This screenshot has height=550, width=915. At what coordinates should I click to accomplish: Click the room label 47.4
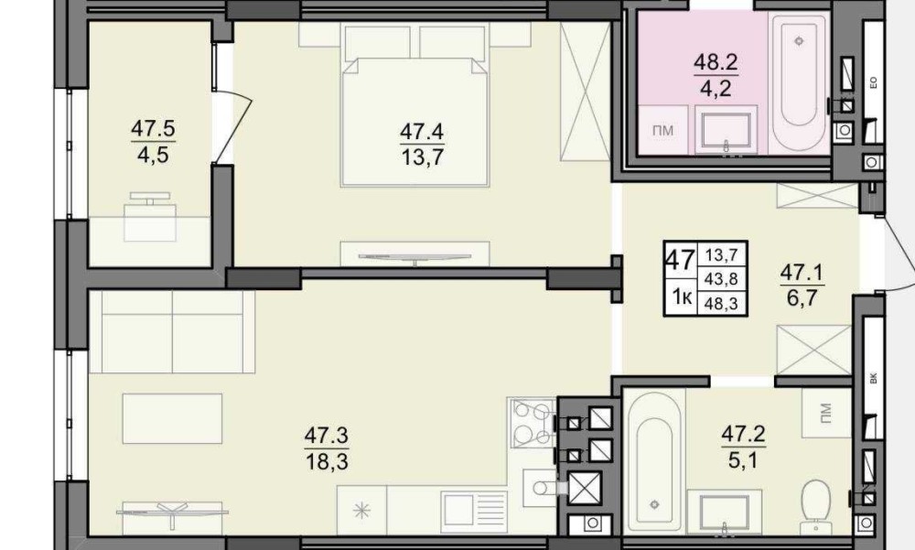click(422, 133)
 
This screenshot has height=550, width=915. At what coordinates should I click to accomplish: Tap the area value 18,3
click(327, 462)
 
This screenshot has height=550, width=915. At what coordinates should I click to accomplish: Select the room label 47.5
click(154, 128)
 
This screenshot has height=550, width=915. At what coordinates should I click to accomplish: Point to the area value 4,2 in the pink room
click(716, 90)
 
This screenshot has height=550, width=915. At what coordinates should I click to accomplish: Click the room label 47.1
click(802, 273)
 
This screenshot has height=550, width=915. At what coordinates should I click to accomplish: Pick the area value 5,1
click(743, 460)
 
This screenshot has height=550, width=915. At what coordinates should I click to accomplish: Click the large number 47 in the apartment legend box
click(680, 259)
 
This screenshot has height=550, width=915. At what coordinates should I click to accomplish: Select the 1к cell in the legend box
click(682, 297)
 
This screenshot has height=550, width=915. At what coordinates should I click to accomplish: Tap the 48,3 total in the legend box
click(721, 302)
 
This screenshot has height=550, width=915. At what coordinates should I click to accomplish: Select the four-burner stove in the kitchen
click(532, 422)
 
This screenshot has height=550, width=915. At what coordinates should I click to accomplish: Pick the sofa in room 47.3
click(172, 331)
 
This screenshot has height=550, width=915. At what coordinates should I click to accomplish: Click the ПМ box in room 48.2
click(662, 130)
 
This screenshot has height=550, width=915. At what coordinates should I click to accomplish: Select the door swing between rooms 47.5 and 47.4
click(232, 125)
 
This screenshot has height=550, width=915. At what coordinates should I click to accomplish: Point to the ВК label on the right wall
click(874, 378)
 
